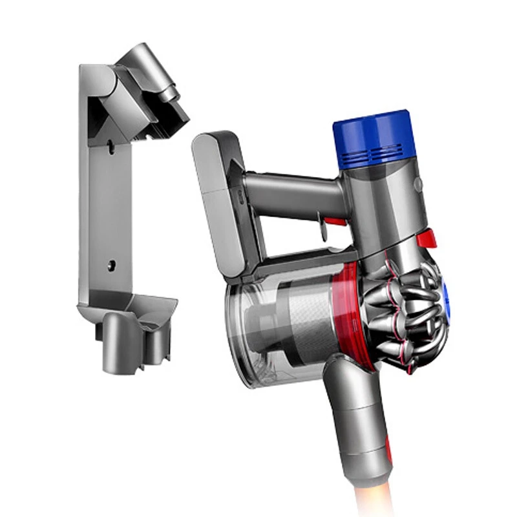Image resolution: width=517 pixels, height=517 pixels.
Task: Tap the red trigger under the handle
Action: (x=333, y=223)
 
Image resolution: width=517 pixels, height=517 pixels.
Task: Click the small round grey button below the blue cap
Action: (x=418, y=184)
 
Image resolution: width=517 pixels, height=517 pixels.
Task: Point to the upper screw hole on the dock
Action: (x=111, y=148)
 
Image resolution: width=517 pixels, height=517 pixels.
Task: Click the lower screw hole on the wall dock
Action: (x=111, y=264)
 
